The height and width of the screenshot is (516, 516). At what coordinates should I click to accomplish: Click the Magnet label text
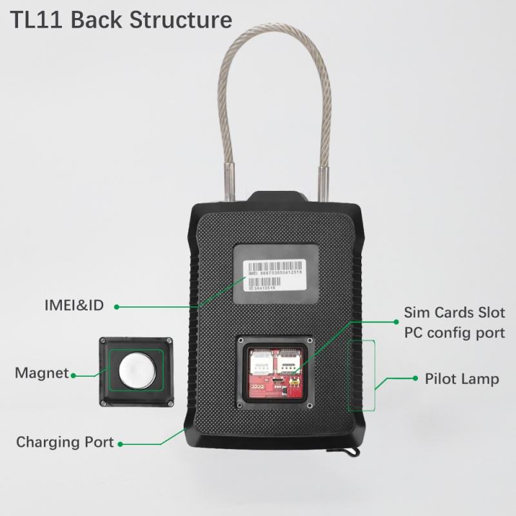point(41,373)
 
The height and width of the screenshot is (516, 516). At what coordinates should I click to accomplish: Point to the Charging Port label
point(64,442)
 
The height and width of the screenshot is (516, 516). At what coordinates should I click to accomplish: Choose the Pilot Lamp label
point(461,379)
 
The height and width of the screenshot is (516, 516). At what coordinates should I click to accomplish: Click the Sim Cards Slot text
point(454,313)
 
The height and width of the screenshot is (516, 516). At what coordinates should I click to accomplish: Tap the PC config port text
point(454,333)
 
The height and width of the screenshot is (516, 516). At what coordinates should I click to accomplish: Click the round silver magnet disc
point(137,372)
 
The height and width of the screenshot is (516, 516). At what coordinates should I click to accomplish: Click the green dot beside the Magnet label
point(74,374)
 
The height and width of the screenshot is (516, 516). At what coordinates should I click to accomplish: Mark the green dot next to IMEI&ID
point(117,307)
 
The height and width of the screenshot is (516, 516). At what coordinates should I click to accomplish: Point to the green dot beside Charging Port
point(121,444)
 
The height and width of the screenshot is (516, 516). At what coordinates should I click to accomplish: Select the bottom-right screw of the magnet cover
point(168,403)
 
